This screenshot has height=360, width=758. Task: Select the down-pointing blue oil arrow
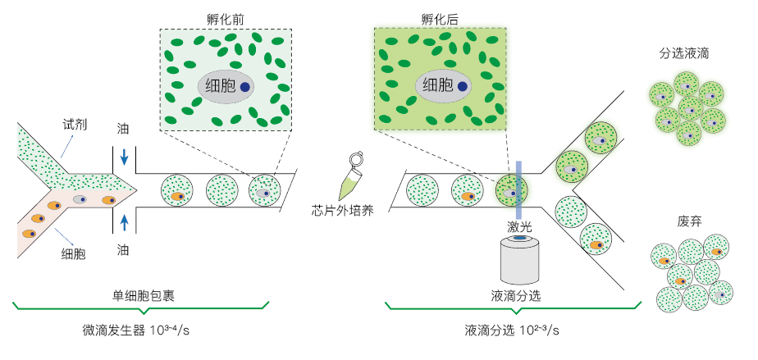124,156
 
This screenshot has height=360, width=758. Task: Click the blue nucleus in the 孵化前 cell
244,85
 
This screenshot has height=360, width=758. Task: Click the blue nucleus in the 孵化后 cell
463,85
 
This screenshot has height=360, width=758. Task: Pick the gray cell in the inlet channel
80,199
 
